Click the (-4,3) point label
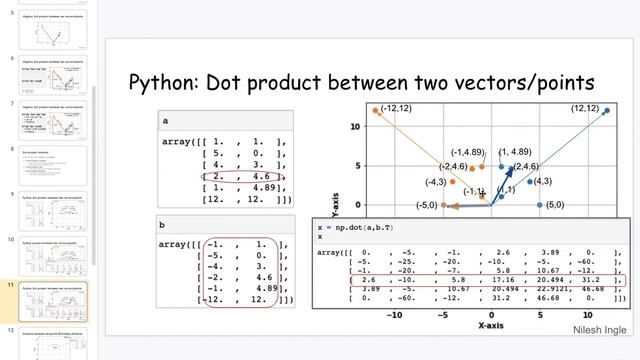[435, 183]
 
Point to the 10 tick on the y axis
[356, 127]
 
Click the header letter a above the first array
[165, 121]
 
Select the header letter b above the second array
[165, 225]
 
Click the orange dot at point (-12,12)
[376, 111]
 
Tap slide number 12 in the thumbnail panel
[11, 330]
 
